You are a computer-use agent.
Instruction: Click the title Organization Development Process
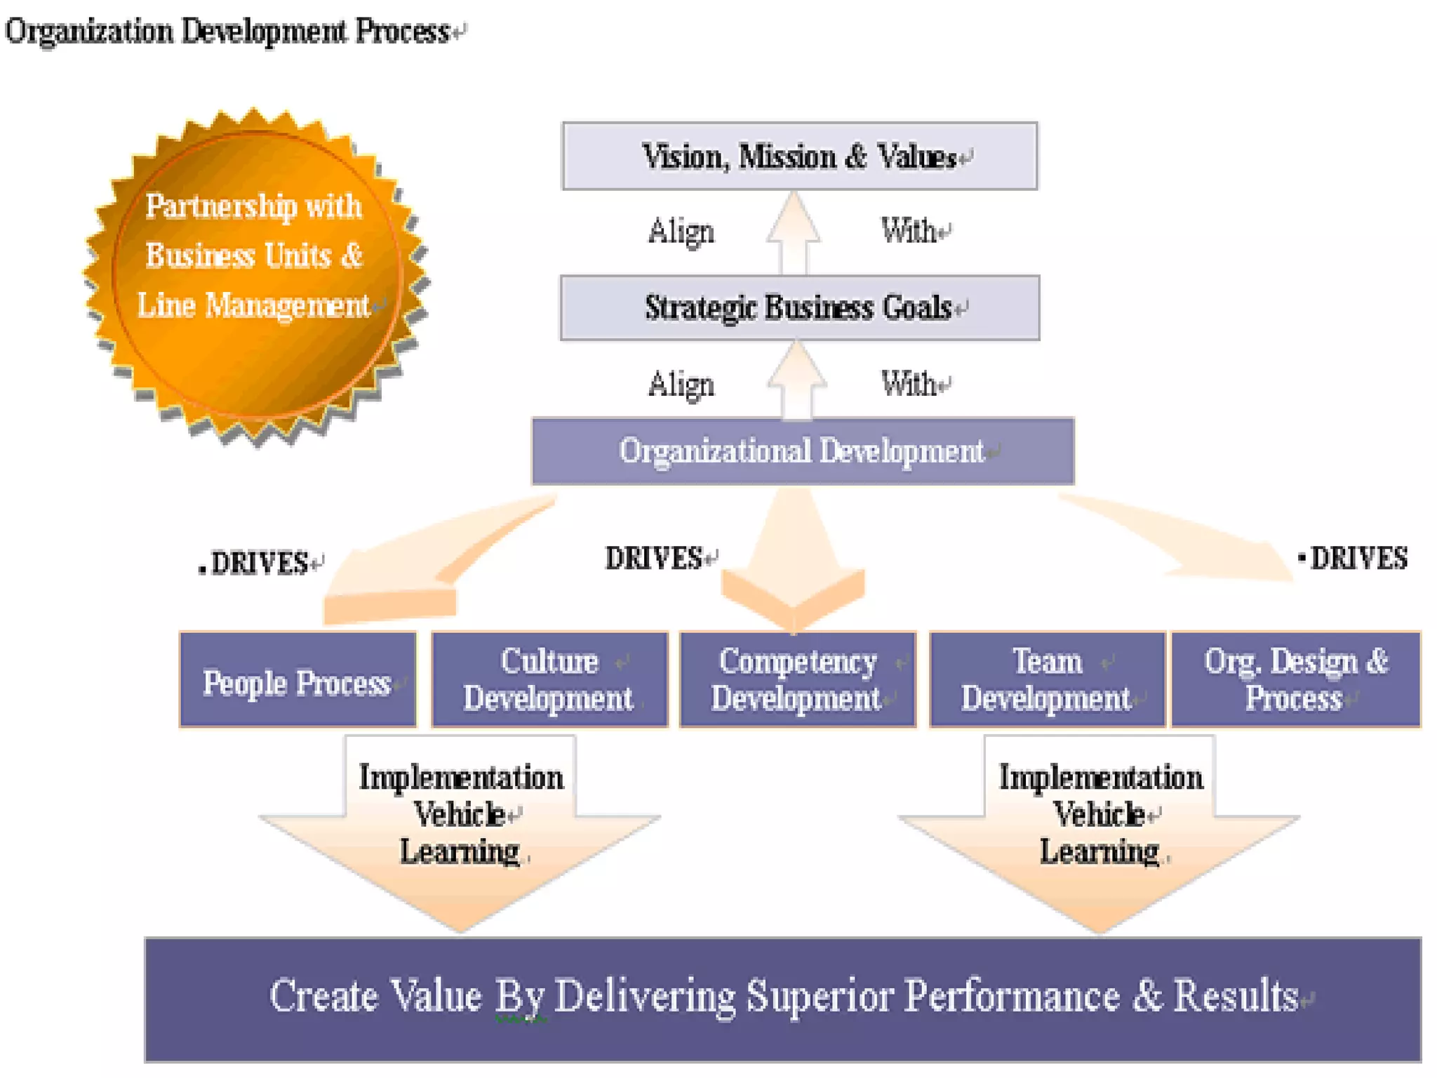[228, 32]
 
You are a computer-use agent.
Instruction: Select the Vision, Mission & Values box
[799, 156]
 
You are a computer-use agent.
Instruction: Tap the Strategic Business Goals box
[799, 307]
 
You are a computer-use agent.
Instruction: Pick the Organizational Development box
[802, 451]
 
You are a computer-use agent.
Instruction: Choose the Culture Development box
[549, 679]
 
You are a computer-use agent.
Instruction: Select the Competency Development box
[798, 679]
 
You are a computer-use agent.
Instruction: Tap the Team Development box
[1047, 679]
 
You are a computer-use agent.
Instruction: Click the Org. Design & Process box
[1295, 679]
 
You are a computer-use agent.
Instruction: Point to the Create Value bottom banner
[782, 998]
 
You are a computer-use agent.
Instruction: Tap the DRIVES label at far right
[1358, 559]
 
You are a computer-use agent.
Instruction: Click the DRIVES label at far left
[260, 563]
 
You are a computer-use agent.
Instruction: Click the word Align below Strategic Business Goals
[681, 385]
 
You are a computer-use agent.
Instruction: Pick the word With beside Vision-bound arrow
[909, 230]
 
